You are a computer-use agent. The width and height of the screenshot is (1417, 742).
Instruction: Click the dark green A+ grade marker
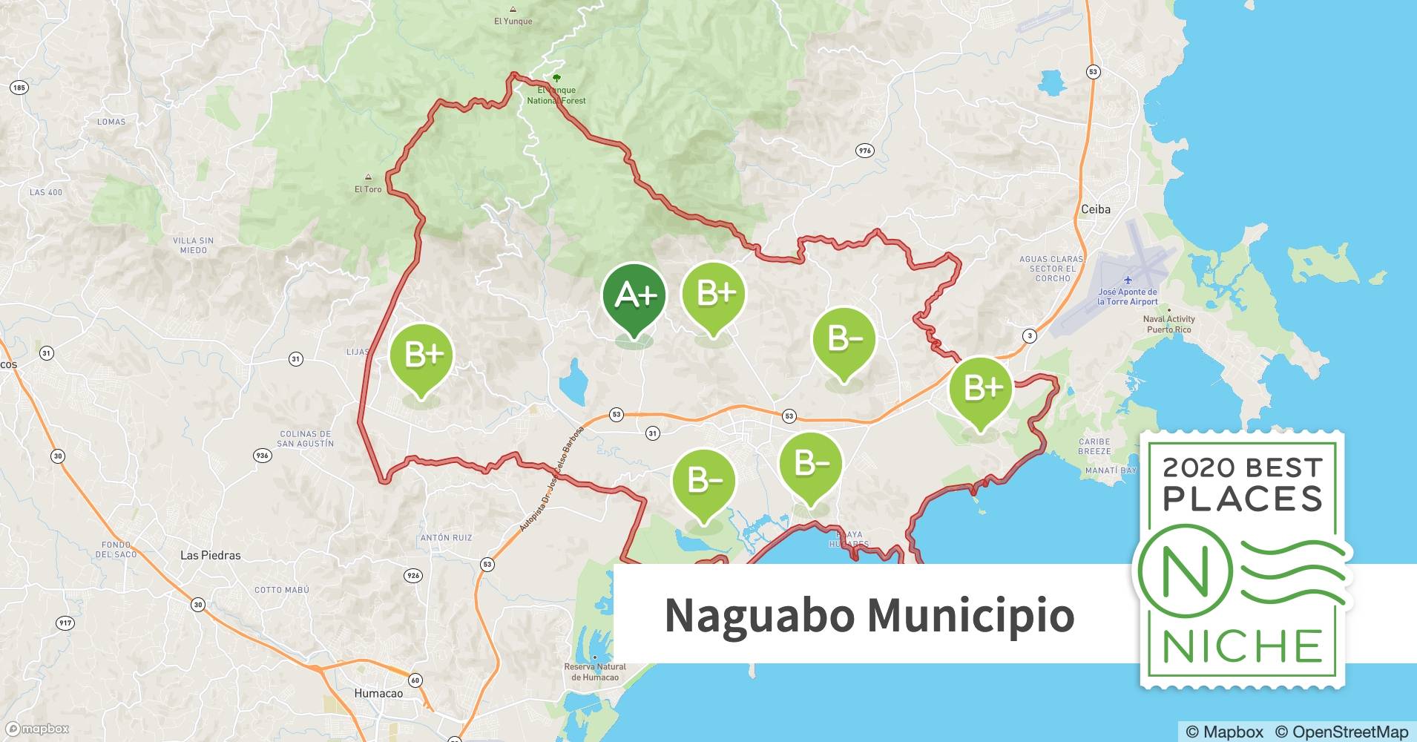pos(634,297)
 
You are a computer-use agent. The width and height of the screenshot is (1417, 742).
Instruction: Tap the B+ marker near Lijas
pos(421,356)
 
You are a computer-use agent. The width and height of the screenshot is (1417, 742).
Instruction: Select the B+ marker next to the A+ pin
pos(713,295)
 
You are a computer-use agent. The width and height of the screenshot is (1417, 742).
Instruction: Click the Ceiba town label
pos(1095,209)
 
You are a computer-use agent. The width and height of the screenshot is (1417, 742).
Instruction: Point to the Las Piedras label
pos(211,555)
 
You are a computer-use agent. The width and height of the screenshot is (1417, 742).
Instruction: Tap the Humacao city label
pos(378,693)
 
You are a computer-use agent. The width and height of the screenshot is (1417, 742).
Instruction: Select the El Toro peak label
pos(368,188)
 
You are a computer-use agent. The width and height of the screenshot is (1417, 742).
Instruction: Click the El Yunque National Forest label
pos(556,95)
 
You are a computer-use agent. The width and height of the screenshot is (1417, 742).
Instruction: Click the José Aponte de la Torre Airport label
pos(1127,297)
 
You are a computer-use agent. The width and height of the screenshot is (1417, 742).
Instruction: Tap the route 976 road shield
pos(864,151)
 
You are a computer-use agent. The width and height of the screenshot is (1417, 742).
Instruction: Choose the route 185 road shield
pos(19,88)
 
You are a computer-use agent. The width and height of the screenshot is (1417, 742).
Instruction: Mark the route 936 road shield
pos(262,455)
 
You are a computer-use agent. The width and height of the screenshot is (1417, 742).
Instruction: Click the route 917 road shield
pos(65,623)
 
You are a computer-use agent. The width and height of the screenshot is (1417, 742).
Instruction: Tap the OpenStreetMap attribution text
pos(1341,732)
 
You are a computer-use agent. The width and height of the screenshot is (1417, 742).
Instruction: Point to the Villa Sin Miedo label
pos(193,245)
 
